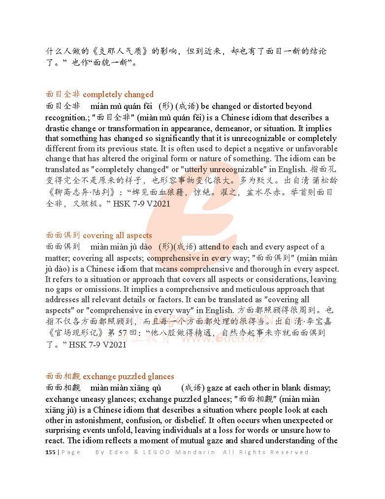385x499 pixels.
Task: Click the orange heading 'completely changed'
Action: point(118,95)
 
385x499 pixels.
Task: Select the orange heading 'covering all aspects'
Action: point(117,236)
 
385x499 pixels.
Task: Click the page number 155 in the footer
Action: point(50,452)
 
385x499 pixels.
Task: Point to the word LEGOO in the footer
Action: point(163,452)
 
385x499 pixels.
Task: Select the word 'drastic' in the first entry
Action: point(58,128)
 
